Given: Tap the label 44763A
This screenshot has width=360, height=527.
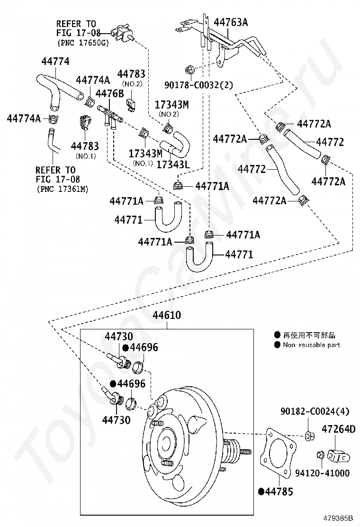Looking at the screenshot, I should pos(231,22).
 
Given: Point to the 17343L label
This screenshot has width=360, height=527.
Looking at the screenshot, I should pos(173,164).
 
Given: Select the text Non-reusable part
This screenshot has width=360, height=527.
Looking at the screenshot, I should pos(311,345).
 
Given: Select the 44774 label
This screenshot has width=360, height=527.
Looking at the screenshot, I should pos(55,61).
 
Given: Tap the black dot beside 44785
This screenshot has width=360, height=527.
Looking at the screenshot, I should pos(261,491).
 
